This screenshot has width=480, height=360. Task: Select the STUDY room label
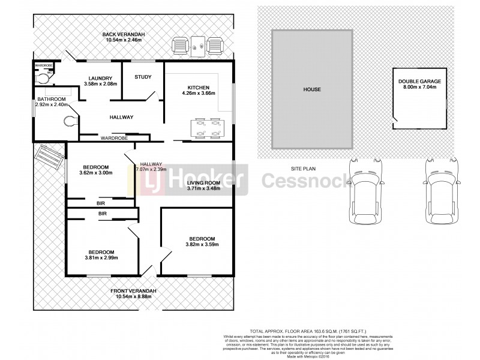coord(143,77)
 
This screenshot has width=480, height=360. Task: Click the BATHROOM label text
coord(51,99)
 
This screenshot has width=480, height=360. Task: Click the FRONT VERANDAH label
coord(133,291)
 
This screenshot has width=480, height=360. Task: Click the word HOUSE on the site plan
coord(311,89)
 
